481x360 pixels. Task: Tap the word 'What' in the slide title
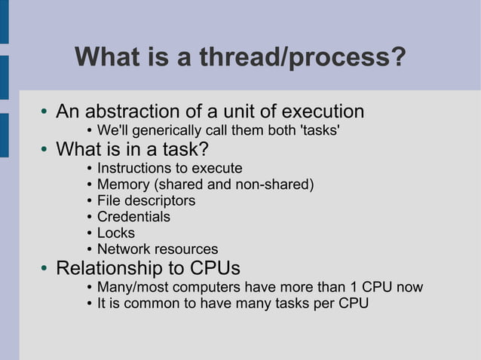(106, 58)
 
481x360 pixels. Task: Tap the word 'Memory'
(124, 184)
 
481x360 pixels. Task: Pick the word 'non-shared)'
(276, 184)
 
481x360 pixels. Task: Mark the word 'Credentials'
(133, 217)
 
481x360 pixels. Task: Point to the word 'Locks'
(115, 233)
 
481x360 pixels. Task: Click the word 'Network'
(124, 249)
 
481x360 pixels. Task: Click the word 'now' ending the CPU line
(410, 288)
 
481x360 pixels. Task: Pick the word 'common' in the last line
(144, 304)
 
